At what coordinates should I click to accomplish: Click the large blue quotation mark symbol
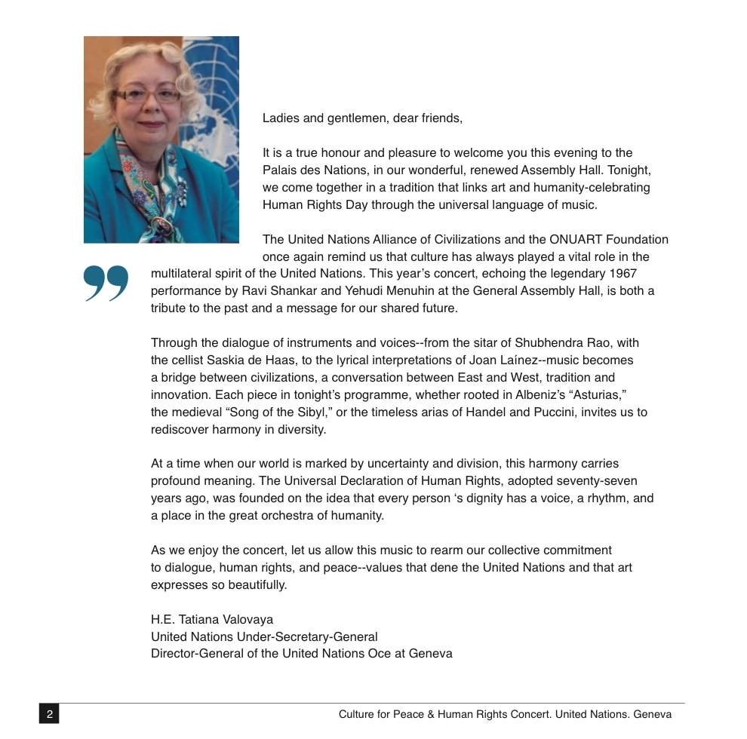(106, 284)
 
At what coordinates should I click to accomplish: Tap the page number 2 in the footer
(49, 714)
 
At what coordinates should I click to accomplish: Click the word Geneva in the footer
(653, 714)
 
